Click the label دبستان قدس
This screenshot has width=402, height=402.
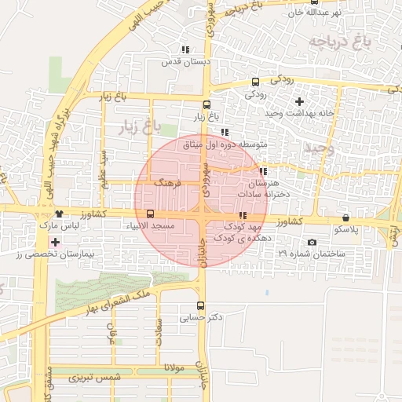[182, 61]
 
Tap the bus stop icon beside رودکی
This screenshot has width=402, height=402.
[255, 82]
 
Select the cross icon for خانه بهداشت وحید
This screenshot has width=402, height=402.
[299, 101]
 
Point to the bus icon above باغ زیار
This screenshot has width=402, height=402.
[206, 105]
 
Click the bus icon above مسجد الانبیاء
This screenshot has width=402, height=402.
[150, 214]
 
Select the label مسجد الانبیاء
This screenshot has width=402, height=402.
[152, 226]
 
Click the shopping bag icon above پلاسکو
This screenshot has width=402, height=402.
[346, 217]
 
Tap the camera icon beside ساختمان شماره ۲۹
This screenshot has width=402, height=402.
[312, 242]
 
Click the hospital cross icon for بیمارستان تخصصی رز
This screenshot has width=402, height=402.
[54, 243]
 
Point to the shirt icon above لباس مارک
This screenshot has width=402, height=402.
[59, 214]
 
